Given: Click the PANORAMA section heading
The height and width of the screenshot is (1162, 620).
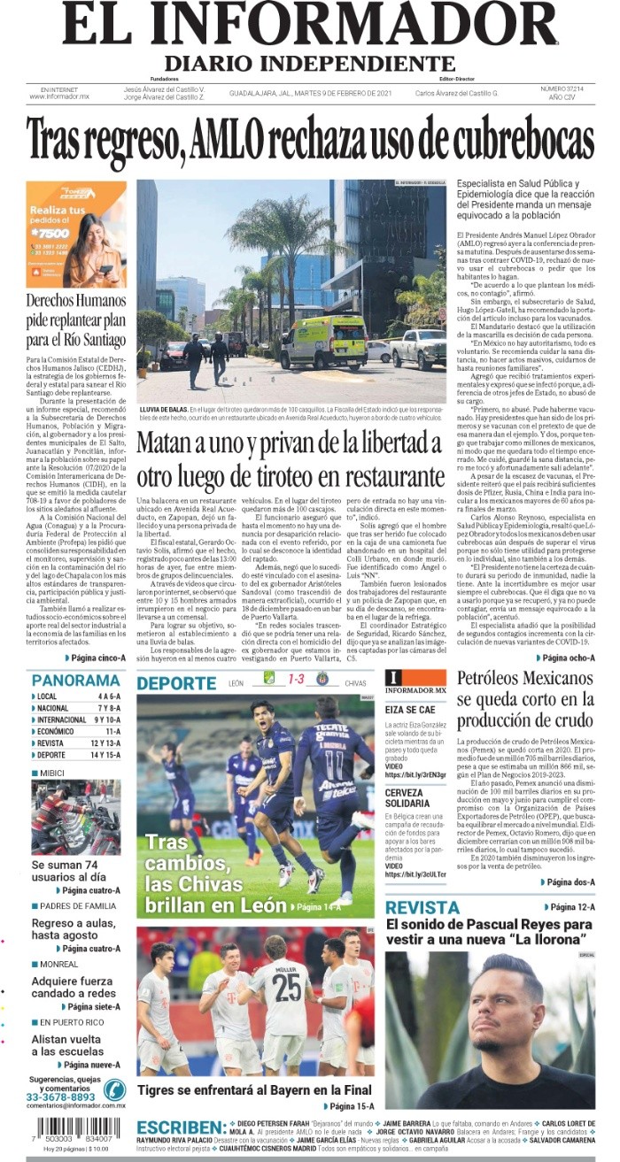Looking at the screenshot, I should tap(75, 681).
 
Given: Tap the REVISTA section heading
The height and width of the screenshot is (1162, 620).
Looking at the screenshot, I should tap(422, 908).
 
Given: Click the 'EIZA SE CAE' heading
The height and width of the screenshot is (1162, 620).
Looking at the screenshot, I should tap(410, 709).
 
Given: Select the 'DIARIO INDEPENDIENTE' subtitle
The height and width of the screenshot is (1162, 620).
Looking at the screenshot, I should tap(309, 64).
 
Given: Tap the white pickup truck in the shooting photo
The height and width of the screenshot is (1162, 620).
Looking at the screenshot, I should tap(419, 349).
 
